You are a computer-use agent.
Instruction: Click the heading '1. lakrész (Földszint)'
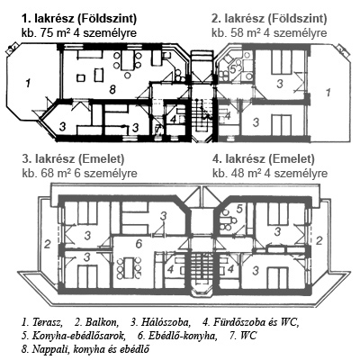(x=79, y=19)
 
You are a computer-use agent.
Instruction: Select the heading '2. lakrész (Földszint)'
(x=269, y=19)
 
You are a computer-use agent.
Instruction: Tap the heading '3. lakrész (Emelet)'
(x=73, y=159)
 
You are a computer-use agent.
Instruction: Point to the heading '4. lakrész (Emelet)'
(x=264, y=159)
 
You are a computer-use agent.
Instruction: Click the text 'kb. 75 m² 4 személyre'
(x=79, y=32)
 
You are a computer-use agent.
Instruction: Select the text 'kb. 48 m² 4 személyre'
(x=270, y=173)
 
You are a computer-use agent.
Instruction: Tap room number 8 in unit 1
(x=112, y=89)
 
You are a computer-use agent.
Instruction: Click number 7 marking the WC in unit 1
(x=157, y=130)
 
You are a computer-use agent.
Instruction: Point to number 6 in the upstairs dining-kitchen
(x=139, y=244)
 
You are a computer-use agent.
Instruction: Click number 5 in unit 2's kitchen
(x=232, y=68)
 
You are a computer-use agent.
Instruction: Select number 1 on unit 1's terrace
(x=28, y=83)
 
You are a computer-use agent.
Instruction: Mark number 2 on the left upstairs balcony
(x=47, y=245)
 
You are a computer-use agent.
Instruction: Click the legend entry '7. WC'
(x=243, y=336)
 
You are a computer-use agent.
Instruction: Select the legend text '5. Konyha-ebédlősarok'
(x=73, y=336)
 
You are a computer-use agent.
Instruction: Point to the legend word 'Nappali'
(x=48, y=349)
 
